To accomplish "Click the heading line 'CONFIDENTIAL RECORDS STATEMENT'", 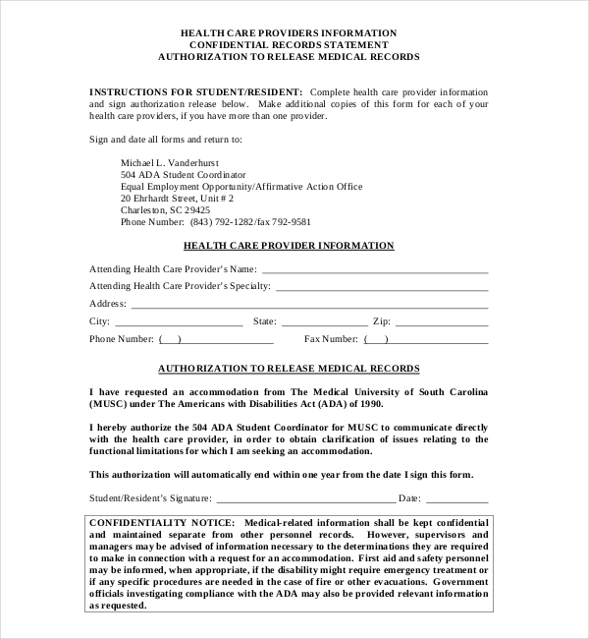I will (x=289, y=44).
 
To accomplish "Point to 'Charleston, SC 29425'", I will (x=165, y=209).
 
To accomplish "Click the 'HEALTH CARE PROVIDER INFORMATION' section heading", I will (x=289, y=246).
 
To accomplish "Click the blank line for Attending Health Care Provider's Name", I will (x=374, y=270).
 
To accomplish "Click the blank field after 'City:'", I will (x=179, y=322).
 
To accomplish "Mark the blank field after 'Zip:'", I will (x=442, y=322).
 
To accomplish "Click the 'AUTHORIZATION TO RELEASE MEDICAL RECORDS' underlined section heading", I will (x=289, y=369).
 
